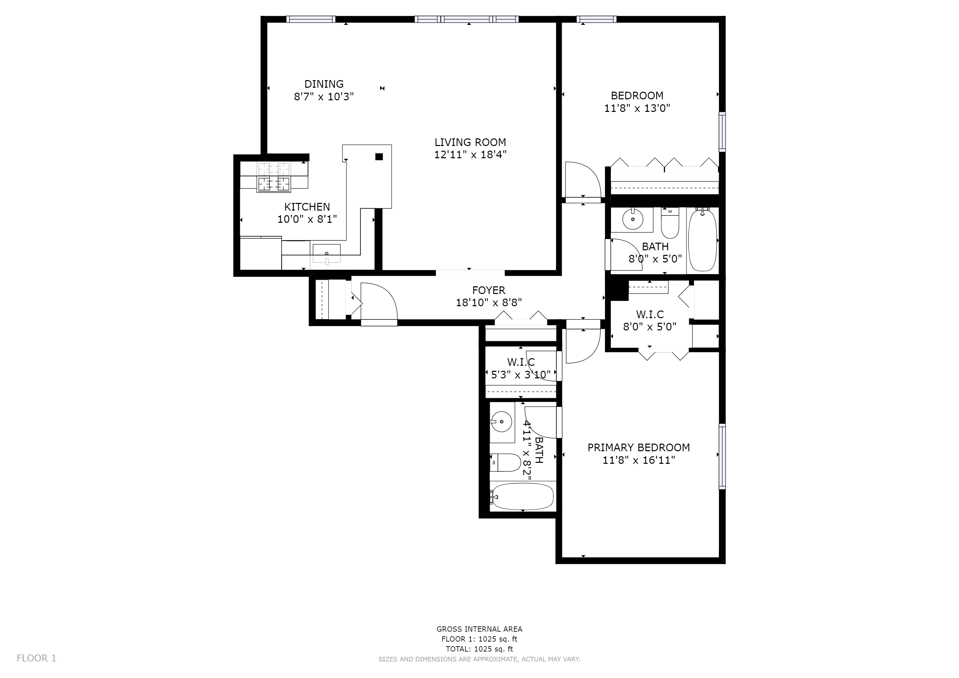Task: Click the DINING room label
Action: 324,84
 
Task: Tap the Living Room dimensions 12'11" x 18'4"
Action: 470,155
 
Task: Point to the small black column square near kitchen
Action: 379,157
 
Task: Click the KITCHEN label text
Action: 307,207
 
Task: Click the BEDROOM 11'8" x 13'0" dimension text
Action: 637,109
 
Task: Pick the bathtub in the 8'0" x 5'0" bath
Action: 702,241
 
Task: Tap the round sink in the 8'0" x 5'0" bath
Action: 633,219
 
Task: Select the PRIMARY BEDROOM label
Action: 638,448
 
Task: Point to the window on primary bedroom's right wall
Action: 722,456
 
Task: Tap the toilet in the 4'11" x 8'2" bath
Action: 505,462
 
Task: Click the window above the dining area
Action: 311,19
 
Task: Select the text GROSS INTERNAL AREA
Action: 479,629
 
